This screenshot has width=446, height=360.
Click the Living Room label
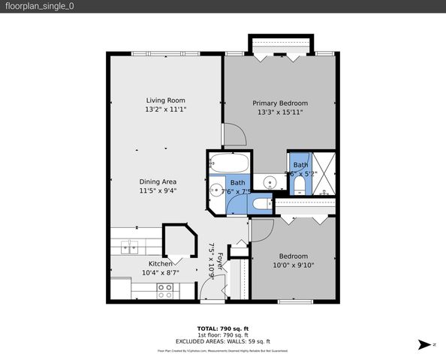pyautogui.click(x=165, y=100)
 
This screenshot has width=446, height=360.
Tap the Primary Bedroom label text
pyautogui.click(x=279, y=103)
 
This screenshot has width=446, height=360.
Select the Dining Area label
pyautogui.click(x=158, y=181)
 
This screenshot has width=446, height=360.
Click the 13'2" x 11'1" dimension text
pyautogui.click(x=165, y=109)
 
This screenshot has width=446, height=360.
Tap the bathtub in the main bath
pyautogui.click(x=225, y=162)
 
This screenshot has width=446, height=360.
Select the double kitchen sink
pyautogui.click(x=128, y=245)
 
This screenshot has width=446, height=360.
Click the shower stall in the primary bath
pyautogui.click(x=324, y=174)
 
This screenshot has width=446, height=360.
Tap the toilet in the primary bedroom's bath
pyautogui.click(x=299, y=184)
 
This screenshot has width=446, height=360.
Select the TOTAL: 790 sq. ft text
pyautogui.click(x=222, y=328)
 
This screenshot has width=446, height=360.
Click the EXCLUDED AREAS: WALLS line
pyautogui.click(x=222, y=341)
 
